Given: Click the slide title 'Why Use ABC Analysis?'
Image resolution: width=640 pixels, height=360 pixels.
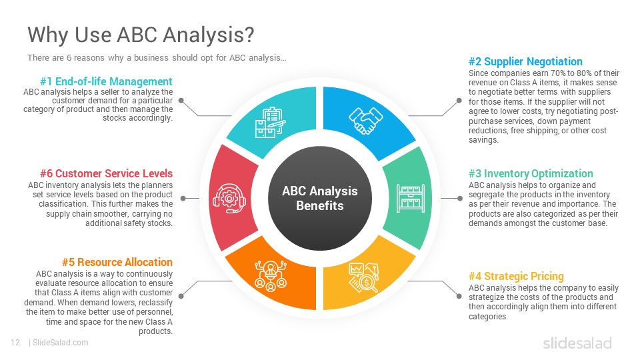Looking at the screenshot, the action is pos(141,34).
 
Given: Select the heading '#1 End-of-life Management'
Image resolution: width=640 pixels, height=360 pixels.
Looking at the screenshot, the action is pos(106,81).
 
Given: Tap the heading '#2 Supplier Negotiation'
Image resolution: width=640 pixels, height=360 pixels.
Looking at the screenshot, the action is pos(525,61).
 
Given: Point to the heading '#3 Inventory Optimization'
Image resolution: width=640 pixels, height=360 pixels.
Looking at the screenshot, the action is pos(531,173).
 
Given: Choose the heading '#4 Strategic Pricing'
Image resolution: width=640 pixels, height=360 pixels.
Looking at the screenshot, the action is pos(516,276).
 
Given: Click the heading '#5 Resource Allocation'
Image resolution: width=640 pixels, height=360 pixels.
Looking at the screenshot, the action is pos(117,262).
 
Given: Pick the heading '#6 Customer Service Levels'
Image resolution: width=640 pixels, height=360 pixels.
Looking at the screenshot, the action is pos(106,173).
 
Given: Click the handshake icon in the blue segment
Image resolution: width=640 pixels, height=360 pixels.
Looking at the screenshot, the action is pos(366,121).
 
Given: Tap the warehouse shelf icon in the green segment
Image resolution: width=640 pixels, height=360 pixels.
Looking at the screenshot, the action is pos(411,199).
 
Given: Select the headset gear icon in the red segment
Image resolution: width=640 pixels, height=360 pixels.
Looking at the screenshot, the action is pos(229,199).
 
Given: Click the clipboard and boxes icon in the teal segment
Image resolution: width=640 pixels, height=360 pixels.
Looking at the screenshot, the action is pos(270,123).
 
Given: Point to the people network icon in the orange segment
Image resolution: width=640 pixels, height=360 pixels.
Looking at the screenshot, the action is pos(270,276).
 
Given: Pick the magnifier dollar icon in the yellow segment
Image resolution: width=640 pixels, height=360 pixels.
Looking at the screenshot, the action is pos(364,277).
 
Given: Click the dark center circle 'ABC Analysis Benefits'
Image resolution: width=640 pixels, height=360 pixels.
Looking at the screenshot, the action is pos(320,199).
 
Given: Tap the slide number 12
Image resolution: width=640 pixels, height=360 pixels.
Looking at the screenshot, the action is pos(15,343).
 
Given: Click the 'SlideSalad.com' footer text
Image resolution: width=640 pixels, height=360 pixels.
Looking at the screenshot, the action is pos(61,343).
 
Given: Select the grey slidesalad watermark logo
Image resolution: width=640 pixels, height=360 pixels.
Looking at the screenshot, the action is pos(577,343).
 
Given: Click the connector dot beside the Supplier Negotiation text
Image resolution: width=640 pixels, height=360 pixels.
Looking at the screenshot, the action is pos(459,101).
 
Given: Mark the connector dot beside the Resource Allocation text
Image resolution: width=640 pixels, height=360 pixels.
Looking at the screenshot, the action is pos(181,296).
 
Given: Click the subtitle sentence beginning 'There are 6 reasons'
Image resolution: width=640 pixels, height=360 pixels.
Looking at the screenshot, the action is pos(157,57).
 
